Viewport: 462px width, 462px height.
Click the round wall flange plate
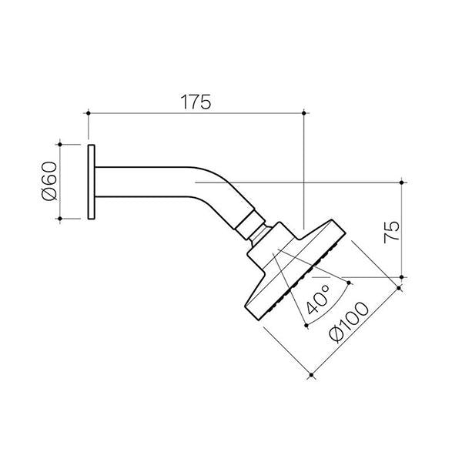point(92,182)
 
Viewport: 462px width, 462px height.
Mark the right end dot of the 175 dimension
point(305,113)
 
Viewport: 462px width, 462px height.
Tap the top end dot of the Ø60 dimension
point(59,143)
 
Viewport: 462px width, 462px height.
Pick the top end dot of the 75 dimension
point(401,182)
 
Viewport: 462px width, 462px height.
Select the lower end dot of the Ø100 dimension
point(311,376)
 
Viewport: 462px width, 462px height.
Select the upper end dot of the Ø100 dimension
point(401,288)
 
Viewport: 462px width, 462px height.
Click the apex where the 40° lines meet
point(273,250)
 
